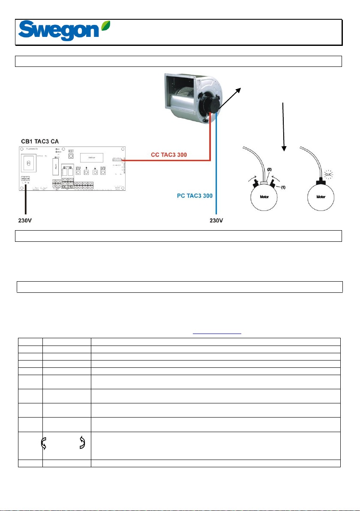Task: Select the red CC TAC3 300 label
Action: click(169, 154)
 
